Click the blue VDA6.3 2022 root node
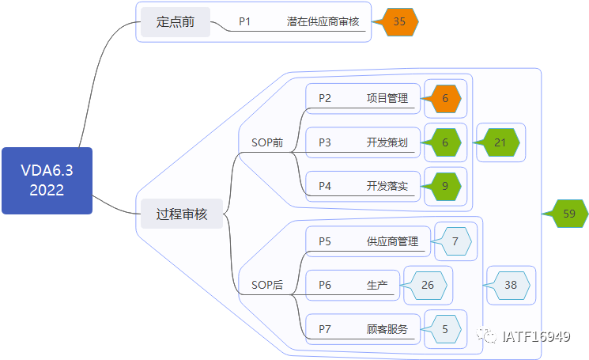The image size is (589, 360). [x=47, y=180]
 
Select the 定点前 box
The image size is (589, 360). [x=176, y=21]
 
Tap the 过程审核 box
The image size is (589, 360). [x=182, y=214]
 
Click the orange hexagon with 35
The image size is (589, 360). [x=399, y=21]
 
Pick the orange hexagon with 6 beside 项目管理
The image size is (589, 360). [x=444, y=98]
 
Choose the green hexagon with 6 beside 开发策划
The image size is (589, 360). [x=444, y=142]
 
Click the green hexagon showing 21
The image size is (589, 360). [x=499, y=142]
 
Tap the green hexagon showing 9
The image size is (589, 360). [x=444, y=186]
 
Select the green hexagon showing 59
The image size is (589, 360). [x=568, y=214]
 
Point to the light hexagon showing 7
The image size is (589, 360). [x=455, y=241]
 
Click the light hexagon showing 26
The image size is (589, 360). [x=427, y=285]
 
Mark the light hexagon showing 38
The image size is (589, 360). [x=510, y=285]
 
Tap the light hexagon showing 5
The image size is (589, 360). [x=444, y=328]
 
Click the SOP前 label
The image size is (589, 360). [x=266, y=142]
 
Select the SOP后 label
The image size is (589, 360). [x=266, y=285]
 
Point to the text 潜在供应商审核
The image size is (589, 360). [x=323, y=21]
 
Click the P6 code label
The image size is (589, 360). [x=325, y=285]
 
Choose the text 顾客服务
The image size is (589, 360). [x=387, y=328]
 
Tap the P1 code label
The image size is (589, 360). [x=244, y=21]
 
